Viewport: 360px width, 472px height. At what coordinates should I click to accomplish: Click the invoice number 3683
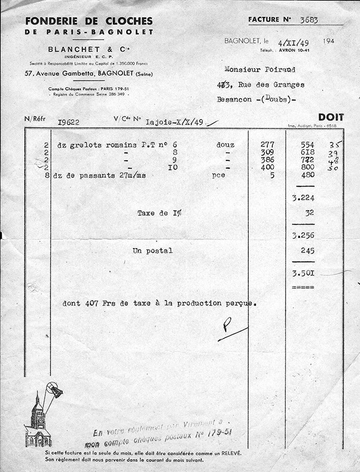point(309,20)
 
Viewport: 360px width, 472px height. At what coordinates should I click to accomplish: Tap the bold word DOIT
point(331,117)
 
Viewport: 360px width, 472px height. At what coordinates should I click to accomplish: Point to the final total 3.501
point(303,273)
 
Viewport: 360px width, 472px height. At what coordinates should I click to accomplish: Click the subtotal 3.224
point(303,198)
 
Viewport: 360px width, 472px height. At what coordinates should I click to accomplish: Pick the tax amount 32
point(310,213)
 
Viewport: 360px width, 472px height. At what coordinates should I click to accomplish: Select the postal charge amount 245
point(307,251)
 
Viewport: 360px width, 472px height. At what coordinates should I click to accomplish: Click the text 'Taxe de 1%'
point(159,213)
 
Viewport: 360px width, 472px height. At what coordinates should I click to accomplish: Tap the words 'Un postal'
point(152,251)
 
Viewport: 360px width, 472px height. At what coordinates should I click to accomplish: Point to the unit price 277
point(267,145)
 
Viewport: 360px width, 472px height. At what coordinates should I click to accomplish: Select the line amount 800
point(307,167)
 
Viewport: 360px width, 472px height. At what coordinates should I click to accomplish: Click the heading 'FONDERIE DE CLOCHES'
point(88,21)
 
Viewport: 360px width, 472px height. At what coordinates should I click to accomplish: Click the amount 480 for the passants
point(307,175)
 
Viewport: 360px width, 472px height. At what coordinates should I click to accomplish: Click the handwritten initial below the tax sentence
point(228,325)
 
